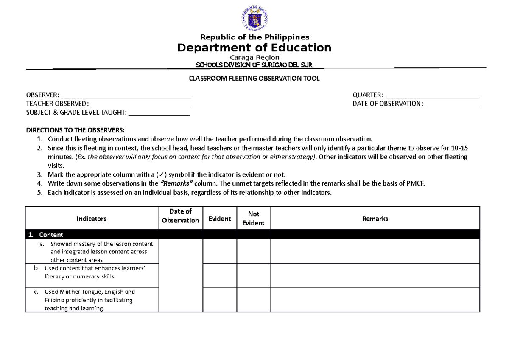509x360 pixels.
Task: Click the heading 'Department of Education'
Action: (254, 48)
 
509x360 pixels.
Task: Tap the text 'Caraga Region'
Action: (254, 57)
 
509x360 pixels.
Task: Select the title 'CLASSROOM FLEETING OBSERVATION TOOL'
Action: (254, 79)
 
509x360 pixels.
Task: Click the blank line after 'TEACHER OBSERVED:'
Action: (140, 104)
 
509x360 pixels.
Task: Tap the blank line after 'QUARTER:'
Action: (432, 95)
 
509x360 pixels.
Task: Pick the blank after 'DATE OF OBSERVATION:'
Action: (451, 104)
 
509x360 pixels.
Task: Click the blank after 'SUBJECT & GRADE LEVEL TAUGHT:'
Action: (159, 112)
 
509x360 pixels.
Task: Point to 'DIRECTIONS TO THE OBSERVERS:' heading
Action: (76, 130)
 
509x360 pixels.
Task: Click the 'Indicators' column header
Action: (91, 219)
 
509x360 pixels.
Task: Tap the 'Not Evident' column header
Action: (254, 219)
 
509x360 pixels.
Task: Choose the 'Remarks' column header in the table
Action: (375, 219)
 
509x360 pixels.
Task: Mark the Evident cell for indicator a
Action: (219, 252)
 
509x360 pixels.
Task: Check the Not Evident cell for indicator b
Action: (254, 276)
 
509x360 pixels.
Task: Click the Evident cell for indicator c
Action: (219, 300)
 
